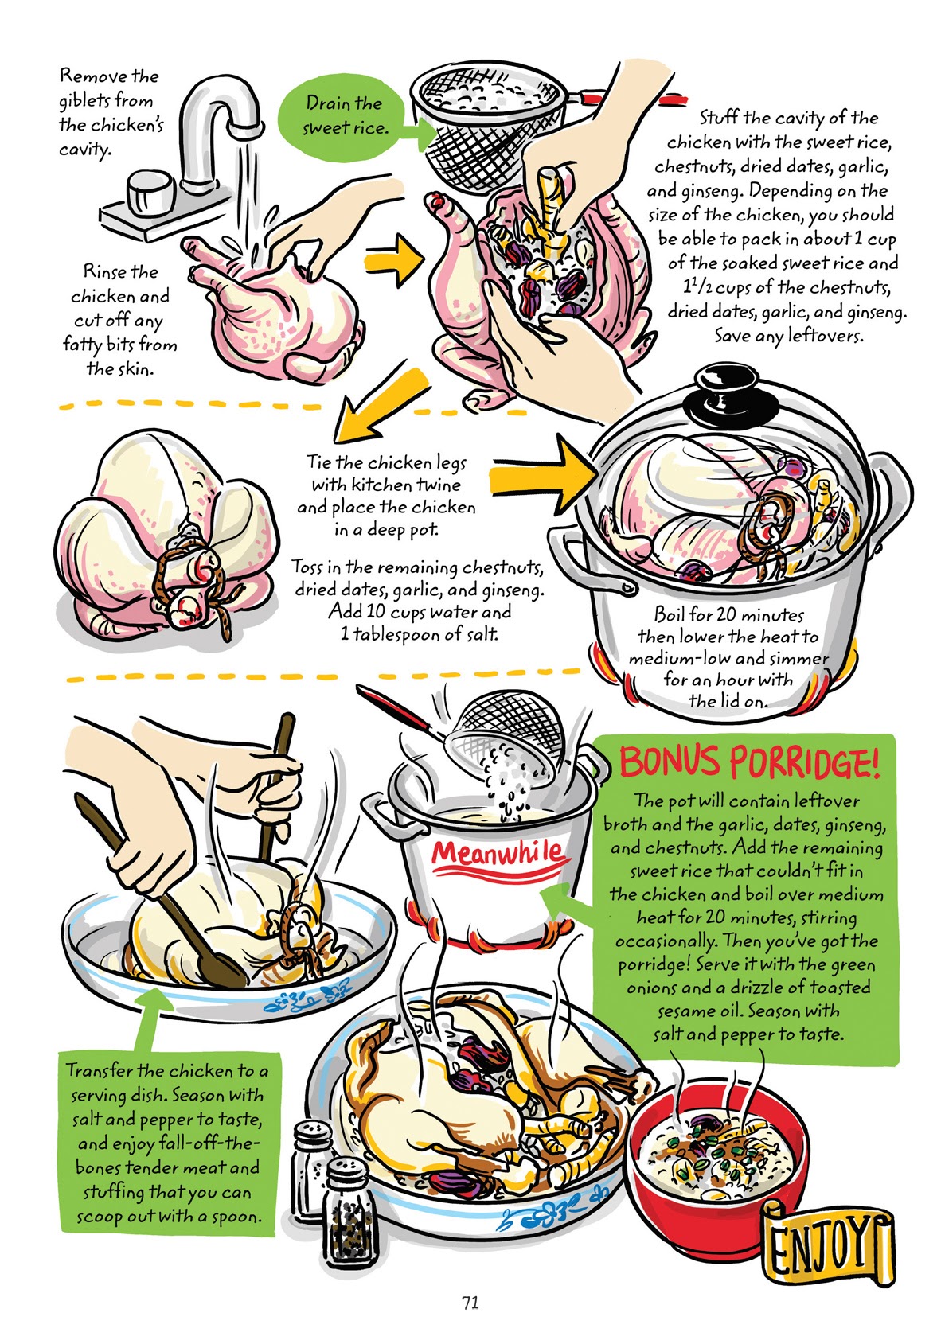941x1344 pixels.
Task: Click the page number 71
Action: click(x=470, y=1303)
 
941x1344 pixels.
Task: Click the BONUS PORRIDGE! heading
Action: click(x=749, y=762)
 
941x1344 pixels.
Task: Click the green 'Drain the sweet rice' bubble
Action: click(x=345, y=115)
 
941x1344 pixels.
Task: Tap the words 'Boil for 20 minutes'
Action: click(x=728, y=614)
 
